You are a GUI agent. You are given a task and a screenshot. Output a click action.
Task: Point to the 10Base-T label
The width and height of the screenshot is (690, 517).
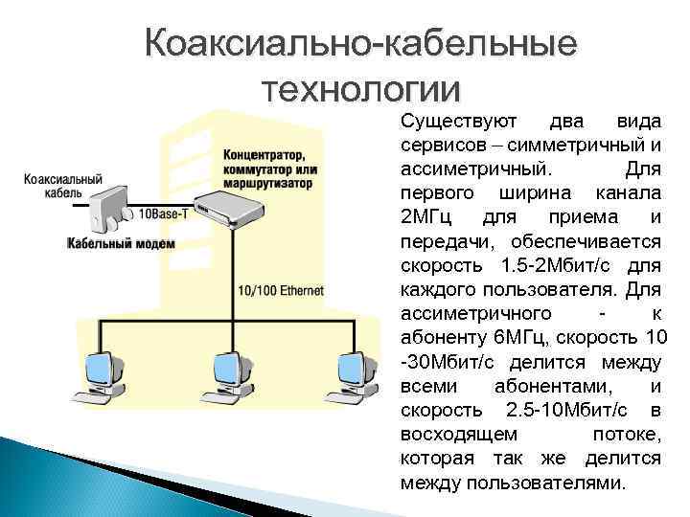pyautogui.click(x=164, y=214)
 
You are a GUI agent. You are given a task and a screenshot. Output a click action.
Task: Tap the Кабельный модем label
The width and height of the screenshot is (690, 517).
pyautogui.click(x=121, y=243)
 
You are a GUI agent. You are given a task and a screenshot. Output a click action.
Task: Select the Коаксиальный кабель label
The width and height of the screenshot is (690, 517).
pyautogui.click(x=63, y=186)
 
